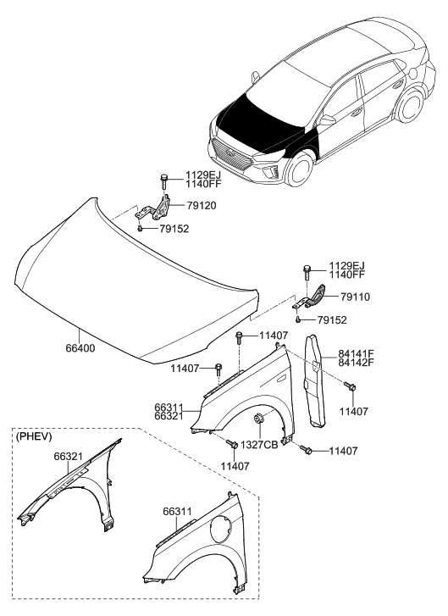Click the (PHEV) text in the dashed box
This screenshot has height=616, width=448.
tap(35, 436)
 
